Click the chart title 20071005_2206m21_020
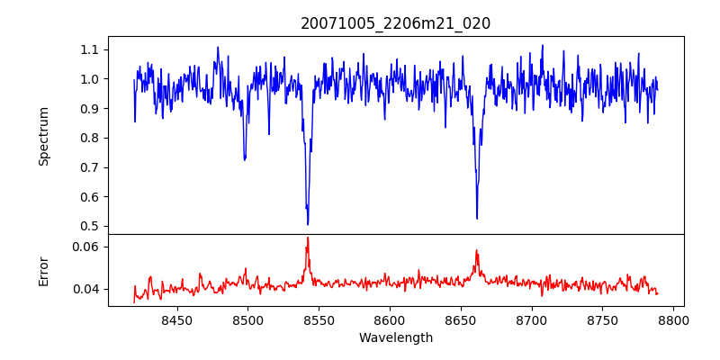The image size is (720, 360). [395, 23]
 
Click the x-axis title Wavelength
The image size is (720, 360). [395, 337]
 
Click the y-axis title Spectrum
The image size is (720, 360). [43, 136]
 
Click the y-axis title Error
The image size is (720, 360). [43, 270]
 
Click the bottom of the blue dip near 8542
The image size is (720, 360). [308, 224]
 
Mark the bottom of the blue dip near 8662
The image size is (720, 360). [477, 218]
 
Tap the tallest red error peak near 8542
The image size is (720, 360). [308, 238]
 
